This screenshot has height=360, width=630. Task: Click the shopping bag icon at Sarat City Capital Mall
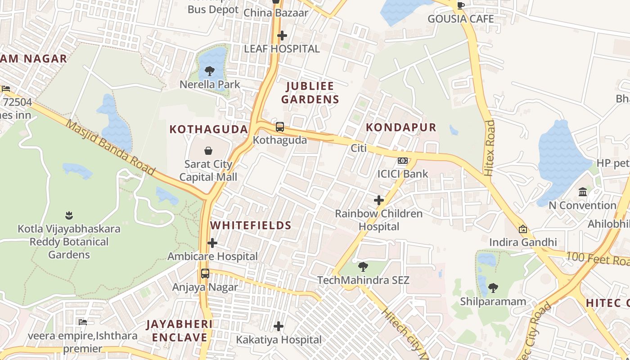[x=208, y=150]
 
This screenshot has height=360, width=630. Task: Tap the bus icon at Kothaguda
[x=280, y=127]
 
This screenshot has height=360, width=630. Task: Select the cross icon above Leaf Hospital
[x=282, y=35]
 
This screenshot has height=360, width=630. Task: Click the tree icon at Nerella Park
[x=209, y=71]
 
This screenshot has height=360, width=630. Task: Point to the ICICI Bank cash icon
[x=403, y=161]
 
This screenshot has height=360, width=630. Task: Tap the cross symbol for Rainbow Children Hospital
[x=379, y=200]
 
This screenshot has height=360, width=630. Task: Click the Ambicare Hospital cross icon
[x=212, y=243]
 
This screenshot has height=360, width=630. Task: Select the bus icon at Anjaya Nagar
[x=205, y=274]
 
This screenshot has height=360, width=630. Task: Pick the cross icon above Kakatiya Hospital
[x=279, y=326]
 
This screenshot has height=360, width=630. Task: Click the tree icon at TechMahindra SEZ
[x=363, y=267]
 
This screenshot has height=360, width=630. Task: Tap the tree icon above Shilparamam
[x=493, y=288]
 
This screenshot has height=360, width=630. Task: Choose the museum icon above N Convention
[x=583, y=192]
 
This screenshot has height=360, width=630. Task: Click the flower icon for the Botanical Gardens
[x=69, y=215]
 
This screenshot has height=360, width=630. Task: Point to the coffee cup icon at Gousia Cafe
[x=460, y=5]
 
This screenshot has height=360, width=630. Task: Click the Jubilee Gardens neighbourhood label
[x=310, y=93]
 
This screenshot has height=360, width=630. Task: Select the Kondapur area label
[x=401, y=127]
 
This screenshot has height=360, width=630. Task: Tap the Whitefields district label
[x=251, y=225]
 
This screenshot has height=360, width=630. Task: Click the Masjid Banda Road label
[x=110, y=147]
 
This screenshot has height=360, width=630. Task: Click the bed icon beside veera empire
[x=82, y=322]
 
